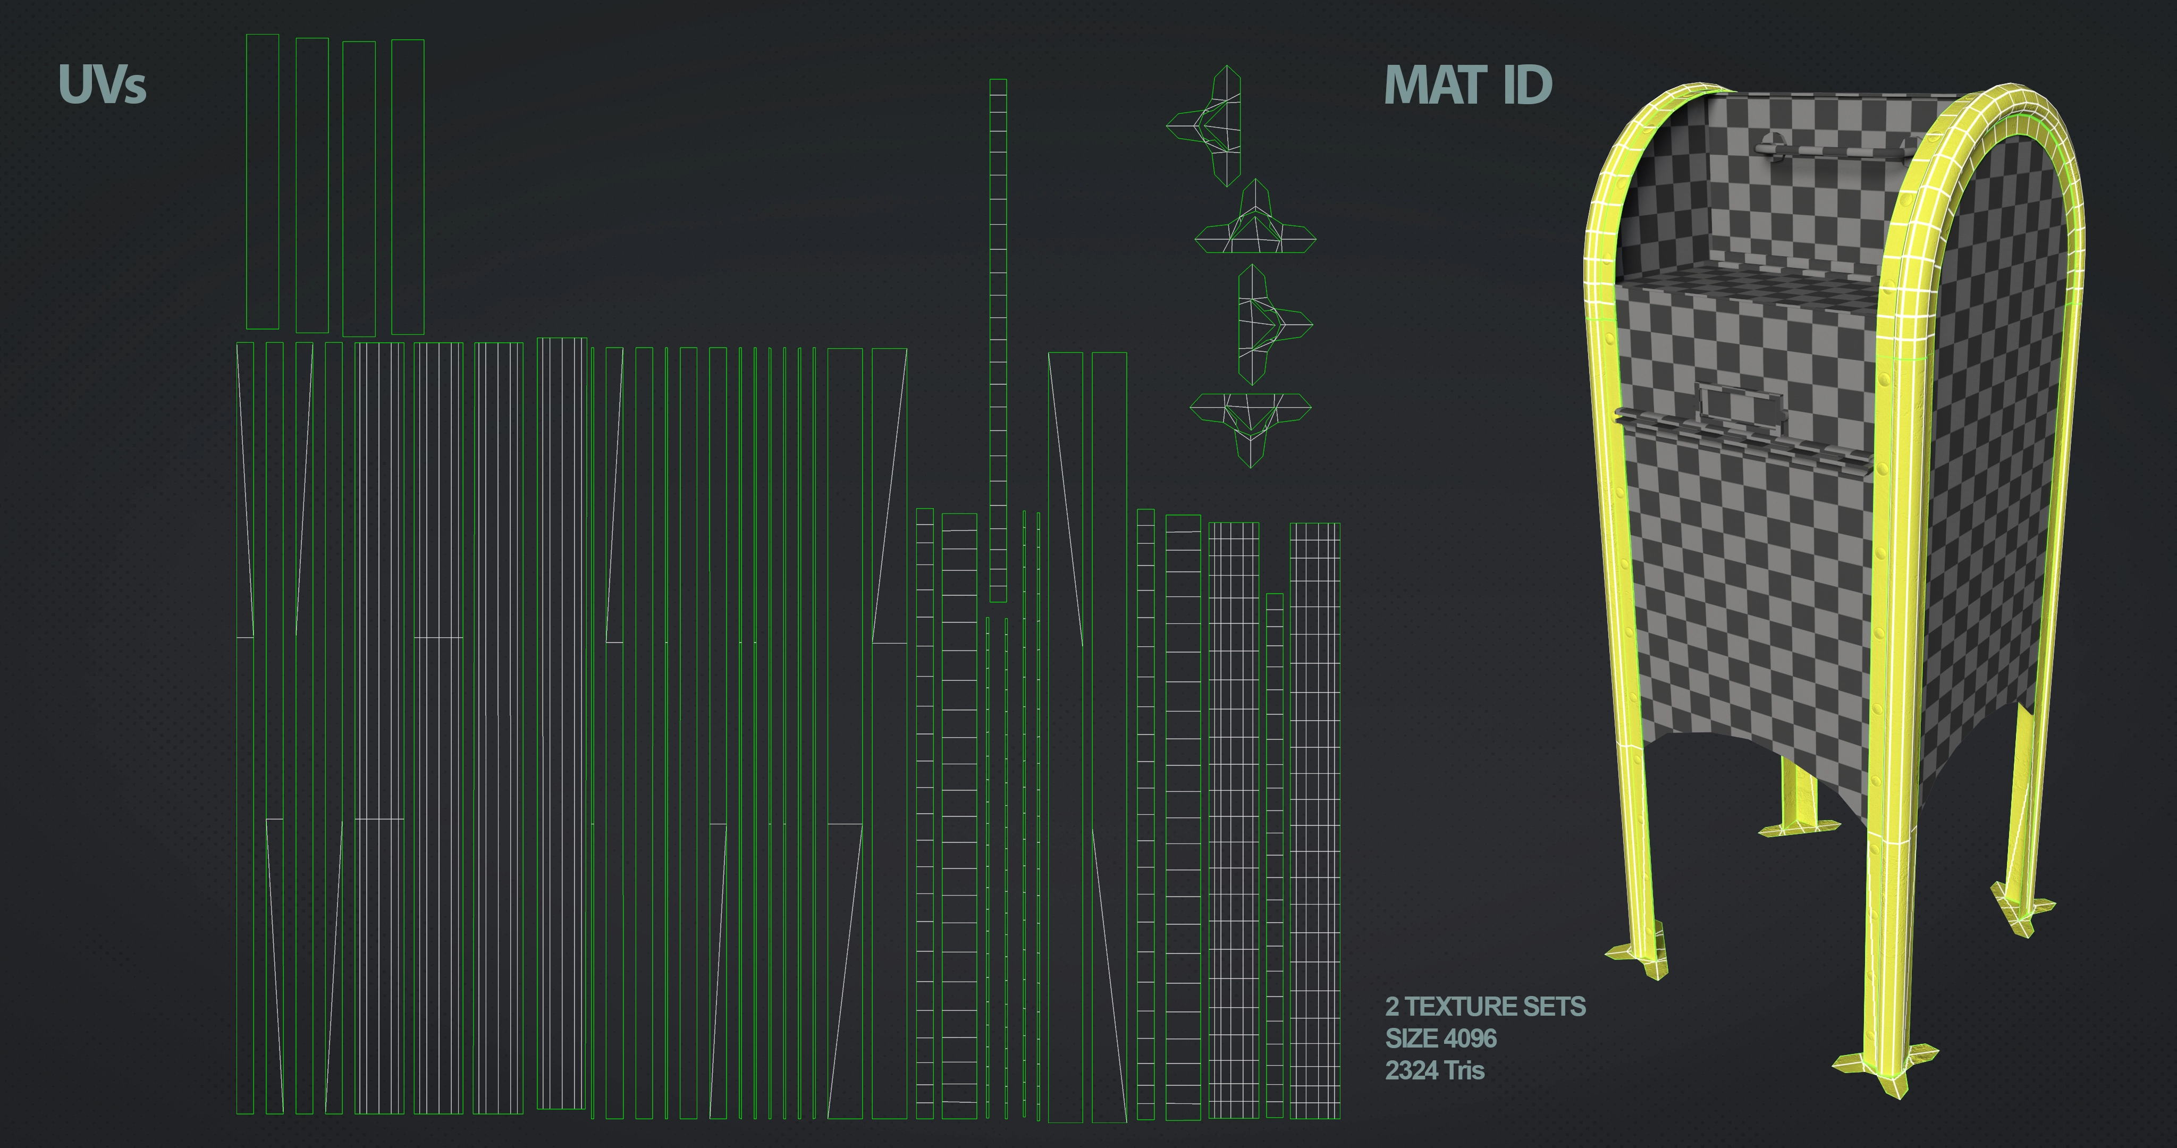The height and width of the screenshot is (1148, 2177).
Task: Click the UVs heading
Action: [102, 85]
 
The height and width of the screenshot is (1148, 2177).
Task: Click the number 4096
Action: [1471, 1038]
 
